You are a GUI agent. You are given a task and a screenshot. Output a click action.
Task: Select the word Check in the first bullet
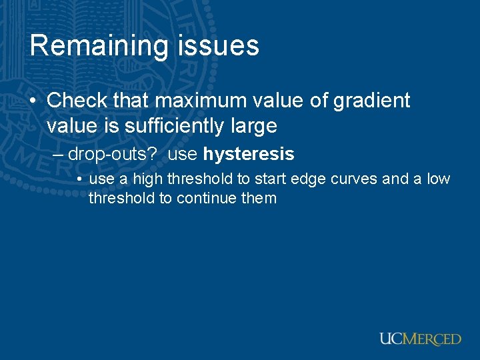(x=77, y=101)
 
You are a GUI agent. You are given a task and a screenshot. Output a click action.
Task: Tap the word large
(x=253, y=125)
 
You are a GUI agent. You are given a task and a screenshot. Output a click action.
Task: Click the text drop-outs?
(x=113, y=155)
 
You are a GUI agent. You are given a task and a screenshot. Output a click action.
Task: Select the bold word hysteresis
(x=249, y=155)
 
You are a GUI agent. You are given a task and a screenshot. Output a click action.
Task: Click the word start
(x=269, y=179)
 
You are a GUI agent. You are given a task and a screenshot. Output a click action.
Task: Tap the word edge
(x=304, y=179)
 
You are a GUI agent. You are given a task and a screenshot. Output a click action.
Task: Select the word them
(x=259, y=198)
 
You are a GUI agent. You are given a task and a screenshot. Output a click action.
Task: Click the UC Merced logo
(x=420, y=339)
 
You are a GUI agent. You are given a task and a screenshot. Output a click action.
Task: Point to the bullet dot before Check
(x=33, y=101)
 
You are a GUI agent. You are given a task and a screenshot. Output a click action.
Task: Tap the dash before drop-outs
(x=59, y=155)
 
